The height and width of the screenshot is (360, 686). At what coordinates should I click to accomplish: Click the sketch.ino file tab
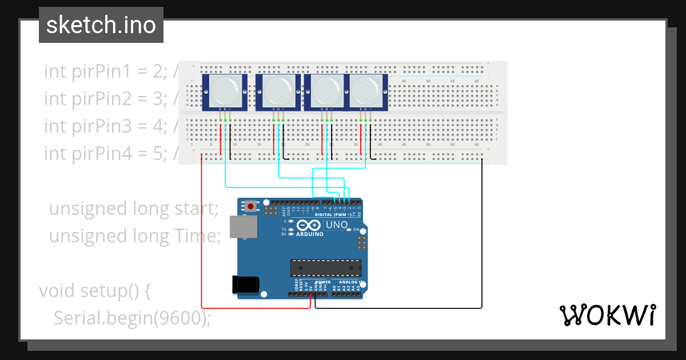point(101,25)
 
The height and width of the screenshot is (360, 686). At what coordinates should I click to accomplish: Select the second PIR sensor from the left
point(278,91)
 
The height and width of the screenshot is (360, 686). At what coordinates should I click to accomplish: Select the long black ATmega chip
point(326,267)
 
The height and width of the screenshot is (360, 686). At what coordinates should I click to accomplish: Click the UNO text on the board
point(336,225)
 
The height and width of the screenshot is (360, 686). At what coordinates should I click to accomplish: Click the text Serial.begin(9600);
point(132,318)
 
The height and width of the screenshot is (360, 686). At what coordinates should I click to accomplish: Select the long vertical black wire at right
point(482,234)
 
